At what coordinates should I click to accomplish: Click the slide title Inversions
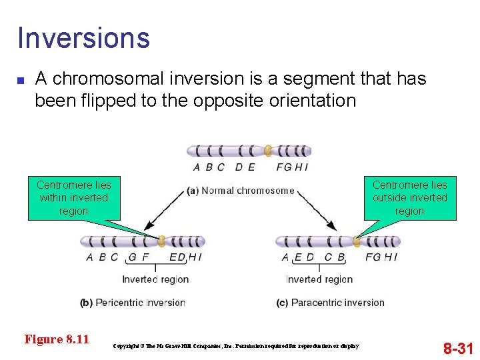point(83,38)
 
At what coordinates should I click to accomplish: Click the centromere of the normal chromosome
point(268,151)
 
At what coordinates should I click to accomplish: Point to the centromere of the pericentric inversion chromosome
point(161,241)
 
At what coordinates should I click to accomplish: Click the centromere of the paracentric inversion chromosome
point(357,241)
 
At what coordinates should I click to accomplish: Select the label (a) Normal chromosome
point(241,191)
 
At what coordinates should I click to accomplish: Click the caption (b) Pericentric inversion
point(132,303)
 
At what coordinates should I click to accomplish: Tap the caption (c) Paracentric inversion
point(330,303)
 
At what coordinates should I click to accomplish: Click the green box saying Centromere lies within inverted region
point(73,198)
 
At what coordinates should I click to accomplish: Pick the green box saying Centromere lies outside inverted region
point(409,198)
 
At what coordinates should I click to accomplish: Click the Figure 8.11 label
point(57,339)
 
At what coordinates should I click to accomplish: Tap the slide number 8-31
point(458,347)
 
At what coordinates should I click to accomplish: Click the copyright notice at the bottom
point(236,346)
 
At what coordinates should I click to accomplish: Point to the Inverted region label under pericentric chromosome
point(155,279)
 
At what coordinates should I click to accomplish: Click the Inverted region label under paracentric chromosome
point(319,279)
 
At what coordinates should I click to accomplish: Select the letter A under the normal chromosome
point(197,167)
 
